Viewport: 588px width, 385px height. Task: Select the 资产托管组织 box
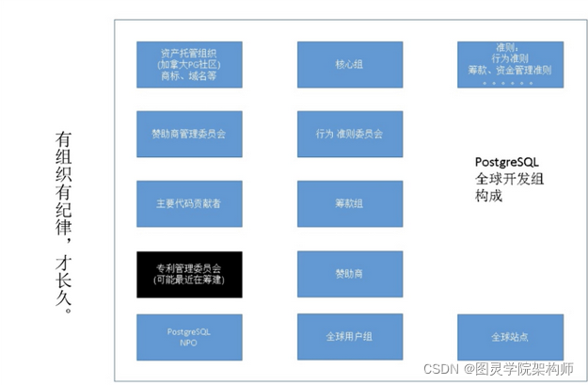point(189,64)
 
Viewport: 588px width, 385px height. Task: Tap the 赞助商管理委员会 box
point(189,134)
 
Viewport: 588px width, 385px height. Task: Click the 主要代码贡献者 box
point(189,203)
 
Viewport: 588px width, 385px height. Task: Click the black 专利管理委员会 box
point(189,274)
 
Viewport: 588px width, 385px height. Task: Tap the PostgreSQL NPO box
point(189,337)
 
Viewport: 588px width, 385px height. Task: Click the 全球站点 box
point(511,337)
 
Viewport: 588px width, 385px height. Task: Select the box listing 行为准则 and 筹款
point(511,64)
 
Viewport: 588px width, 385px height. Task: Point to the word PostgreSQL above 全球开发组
point(507,162)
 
